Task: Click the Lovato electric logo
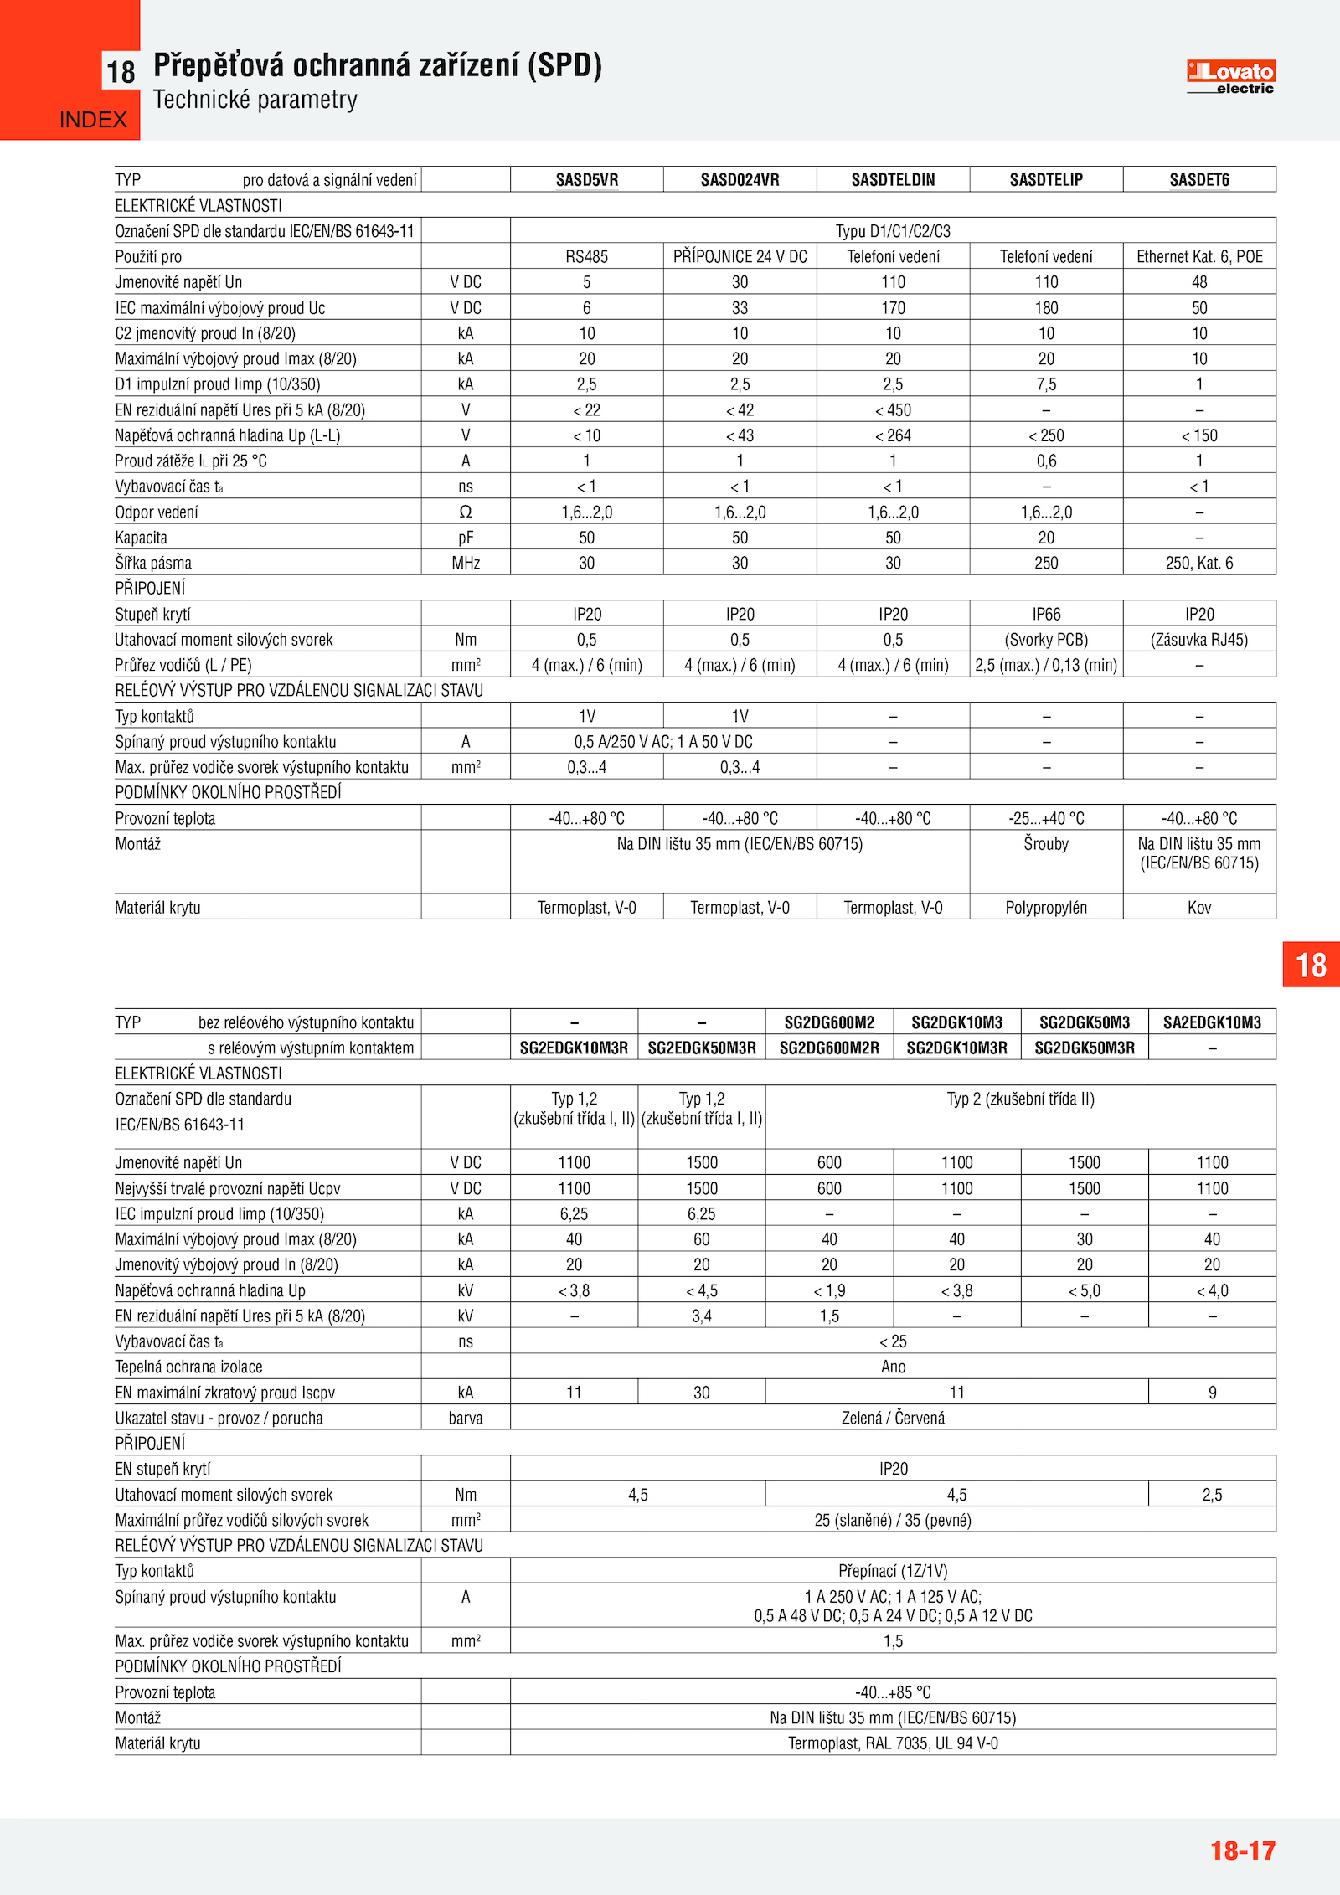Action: (1230, 76)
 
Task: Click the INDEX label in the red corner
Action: (93, 120)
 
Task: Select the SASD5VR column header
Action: (587, 180)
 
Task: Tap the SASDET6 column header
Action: (1199, 180)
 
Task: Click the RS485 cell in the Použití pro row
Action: (586, 257)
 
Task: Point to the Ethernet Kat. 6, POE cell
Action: (1199, 257)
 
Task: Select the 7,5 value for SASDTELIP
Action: (1046, 384)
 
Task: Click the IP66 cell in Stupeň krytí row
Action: (1046, 614)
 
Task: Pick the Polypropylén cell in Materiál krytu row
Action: (1046, 908)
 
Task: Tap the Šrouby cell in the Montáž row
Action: (1046, 844)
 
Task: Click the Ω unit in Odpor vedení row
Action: (466, 512)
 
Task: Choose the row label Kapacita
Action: (142, 538)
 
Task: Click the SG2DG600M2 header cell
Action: (829, 1022)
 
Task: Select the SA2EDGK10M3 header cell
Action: (1212, 1022)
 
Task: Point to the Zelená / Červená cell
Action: (893, 1418)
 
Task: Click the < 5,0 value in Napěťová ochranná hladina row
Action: (1085, 1290)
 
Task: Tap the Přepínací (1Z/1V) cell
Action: (893, 1571)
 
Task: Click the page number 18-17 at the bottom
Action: (1243, 1851)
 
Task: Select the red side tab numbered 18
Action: (1312, 965)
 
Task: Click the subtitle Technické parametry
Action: (255, 100)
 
